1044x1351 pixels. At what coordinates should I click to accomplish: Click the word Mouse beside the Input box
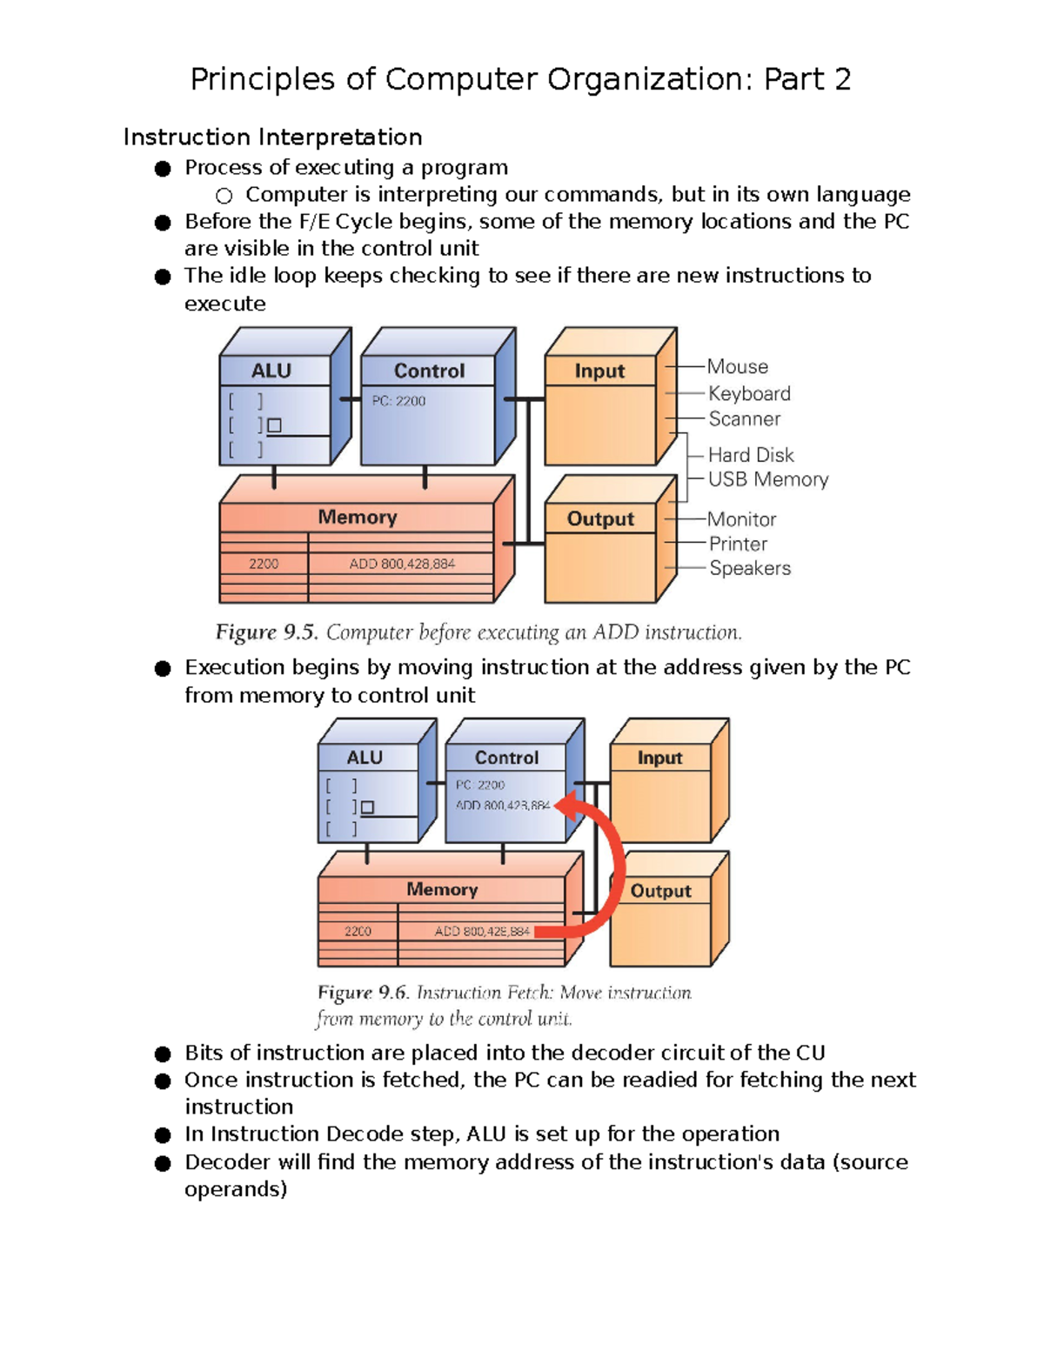point(737,367)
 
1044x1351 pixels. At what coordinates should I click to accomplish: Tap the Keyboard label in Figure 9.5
point(749,394)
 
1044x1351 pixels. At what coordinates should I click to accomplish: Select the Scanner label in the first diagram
point(744,419)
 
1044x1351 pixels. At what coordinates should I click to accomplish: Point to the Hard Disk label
point(751,455)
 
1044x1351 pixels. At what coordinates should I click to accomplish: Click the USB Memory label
point(767,479)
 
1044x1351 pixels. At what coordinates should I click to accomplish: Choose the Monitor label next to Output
point(741,519)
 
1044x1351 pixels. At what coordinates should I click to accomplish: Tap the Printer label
point(738,544)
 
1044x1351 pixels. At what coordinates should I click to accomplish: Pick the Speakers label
point(749,568)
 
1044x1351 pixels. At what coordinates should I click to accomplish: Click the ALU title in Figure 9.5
point(271,371)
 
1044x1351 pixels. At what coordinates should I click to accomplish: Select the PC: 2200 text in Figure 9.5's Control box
point(398,401)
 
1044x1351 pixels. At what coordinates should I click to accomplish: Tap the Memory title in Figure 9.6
point(442,889)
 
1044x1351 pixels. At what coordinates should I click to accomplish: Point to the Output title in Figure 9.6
point(660,891)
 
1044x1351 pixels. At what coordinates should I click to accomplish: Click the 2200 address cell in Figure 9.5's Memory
point(264,564)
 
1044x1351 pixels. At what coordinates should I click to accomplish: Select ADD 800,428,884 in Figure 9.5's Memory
point(402,564)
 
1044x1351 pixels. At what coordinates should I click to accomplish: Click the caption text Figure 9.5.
point(265,632)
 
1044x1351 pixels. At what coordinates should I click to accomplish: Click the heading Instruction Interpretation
point(272,137)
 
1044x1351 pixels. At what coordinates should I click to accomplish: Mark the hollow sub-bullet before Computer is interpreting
point(224,196)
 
